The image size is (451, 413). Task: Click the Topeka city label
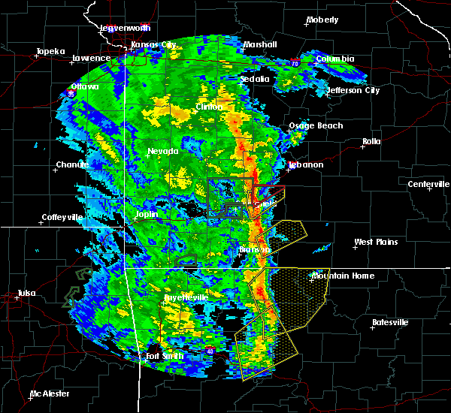click(50, 52)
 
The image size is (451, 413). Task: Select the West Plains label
click(376, 242)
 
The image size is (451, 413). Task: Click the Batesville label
click(391, 322)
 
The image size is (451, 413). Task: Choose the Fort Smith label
click(163, 356)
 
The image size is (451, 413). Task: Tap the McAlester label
click(50, 393)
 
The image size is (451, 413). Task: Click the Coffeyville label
click(65, 218)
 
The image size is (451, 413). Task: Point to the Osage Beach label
click(316, 126)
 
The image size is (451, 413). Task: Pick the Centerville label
click(428, 184)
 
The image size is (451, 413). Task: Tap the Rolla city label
click(371, 141)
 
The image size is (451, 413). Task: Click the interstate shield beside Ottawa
click(70, 93)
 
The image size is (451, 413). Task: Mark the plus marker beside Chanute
click(55, 169)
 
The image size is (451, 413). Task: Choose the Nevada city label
click(162, 152)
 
